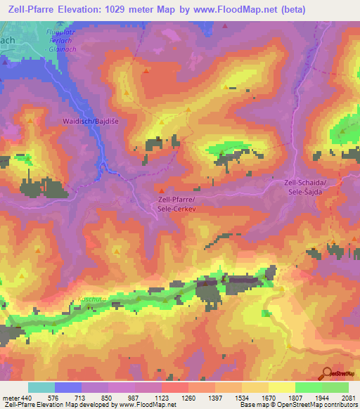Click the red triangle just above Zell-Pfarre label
(x=162, y=190)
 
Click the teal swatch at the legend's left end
(x=41, y=387)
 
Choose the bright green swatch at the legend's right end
(x=335, y=387)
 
